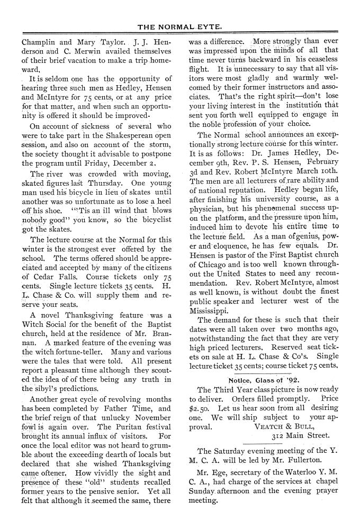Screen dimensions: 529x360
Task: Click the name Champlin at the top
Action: (x=41, y=40)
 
